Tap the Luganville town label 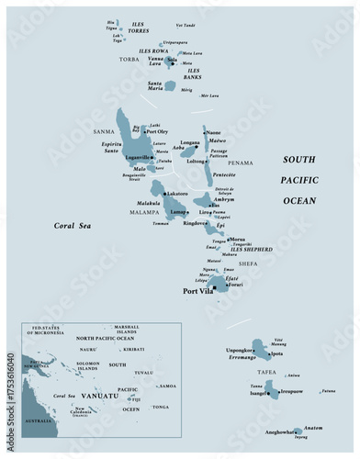pos(136,158)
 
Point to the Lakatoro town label pos(176,194)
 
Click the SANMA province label pos(104,132)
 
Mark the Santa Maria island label pos(162,86)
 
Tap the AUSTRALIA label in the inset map pos(38,420)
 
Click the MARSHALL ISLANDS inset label pos(126,330)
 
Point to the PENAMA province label pos(240,163)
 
